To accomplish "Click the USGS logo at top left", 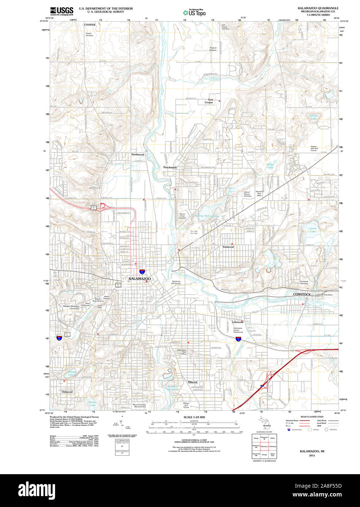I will (62, 11).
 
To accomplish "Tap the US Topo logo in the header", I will (195, 12).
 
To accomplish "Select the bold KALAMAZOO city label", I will (139, 279).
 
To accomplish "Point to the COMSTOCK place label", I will (302, 294).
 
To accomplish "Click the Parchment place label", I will (170, 167).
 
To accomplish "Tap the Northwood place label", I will (138, 155).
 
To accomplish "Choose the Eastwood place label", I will (228, 247).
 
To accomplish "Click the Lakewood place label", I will (237, 322).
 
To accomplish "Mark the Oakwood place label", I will (67, 392).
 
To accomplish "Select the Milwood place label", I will (192, 382).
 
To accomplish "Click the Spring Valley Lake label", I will (207, 216).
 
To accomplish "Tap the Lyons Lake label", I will (313, 230).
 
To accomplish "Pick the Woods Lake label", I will (71, 373).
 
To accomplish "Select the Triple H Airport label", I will (213, 49).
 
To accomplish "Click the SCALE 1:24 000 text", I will (194, 417).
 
